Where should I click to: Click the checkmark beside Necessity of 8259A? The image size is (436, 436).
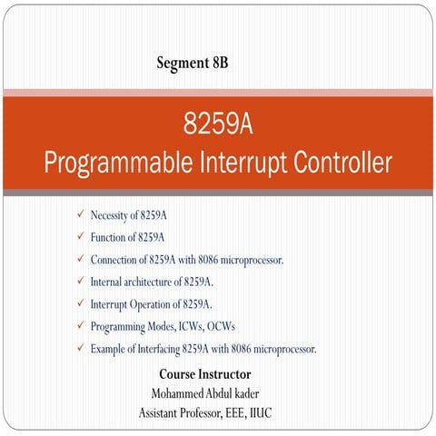tap(80, 214)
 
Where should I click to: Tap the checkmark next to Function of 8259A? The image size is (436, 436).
tap(80, 237)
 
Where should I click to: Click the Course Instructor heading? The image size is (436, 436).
tap(205, 373)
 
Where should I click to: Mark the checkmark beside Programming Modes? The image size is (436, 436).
tap(80, 325)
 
